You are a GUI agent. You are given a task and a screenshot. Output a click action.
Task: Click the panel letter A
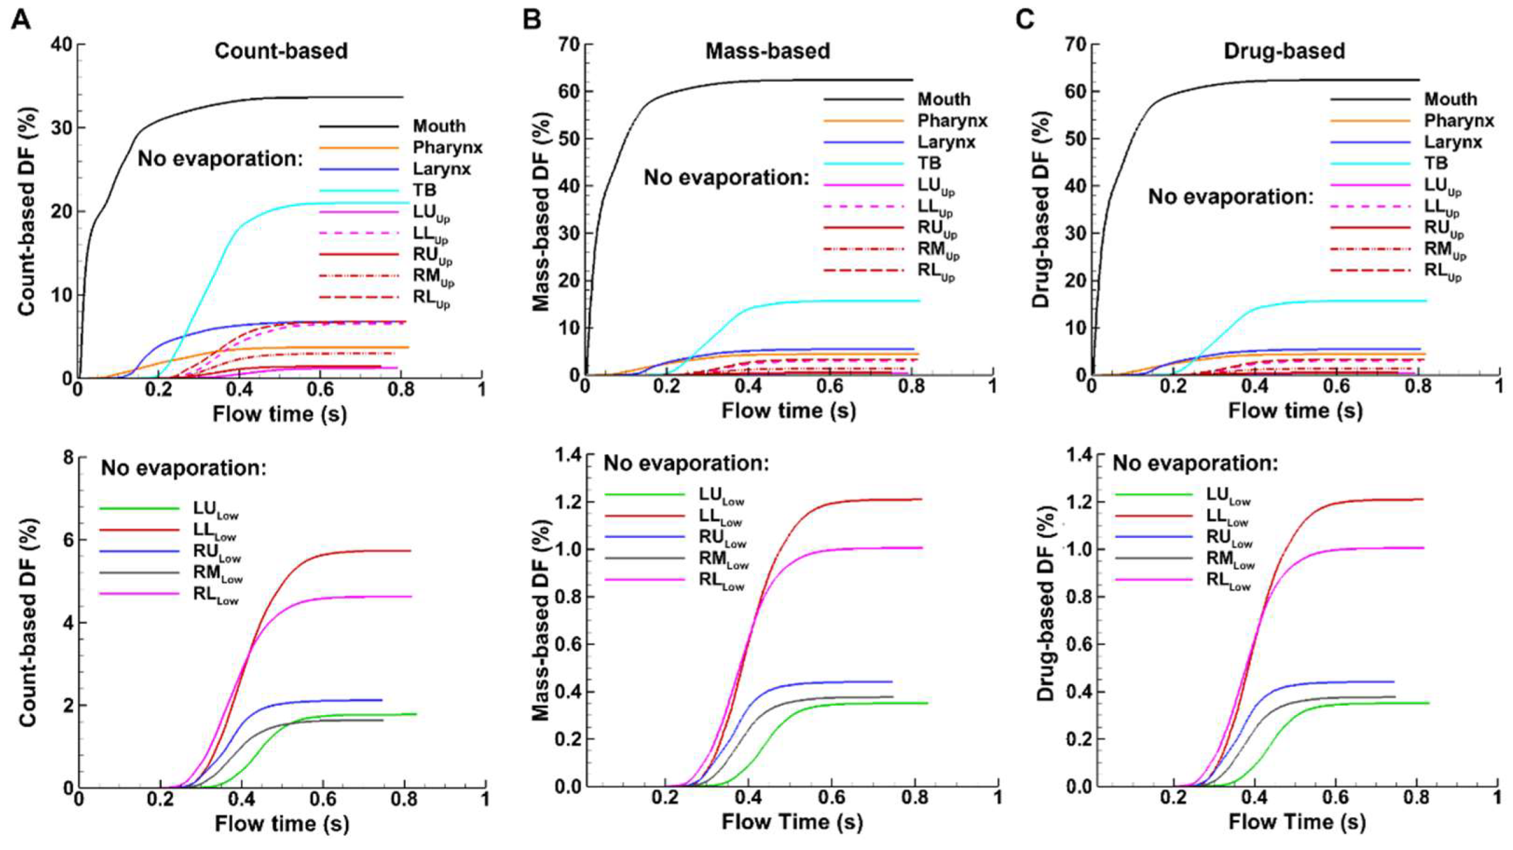(21, 19)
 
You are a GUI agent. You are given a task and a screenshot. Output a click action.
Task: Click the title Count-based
(281, 51)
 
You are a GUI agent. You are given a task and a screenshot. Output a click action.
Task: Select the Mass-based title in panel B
(767, 51)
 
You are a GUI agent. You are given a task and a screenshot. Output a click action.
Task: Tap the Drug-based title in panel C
(1284, 51)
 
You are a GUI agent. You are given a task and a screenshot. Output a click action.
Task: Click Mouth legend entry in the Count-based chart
(438, 126)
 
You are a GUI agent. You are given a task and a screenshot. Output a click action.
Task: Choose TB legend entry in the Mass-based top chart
(930, 163)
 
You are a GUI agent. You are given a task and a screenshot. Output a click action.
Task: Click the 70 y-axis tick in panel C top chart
(1077, 44)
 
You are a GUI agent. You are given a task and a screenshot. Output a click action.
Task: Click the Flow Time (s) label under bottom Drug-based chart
(1297, 822)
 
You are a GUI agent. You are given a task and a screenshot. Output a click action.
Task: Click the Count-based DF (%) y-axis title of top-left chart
(27, 212)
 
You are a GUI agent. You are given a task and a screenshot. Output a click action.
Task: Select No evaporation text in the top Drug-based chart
(1231, 197)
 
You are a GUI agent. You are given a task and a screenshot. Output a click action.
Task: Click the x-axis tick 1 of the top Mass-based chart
(992, 387)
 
